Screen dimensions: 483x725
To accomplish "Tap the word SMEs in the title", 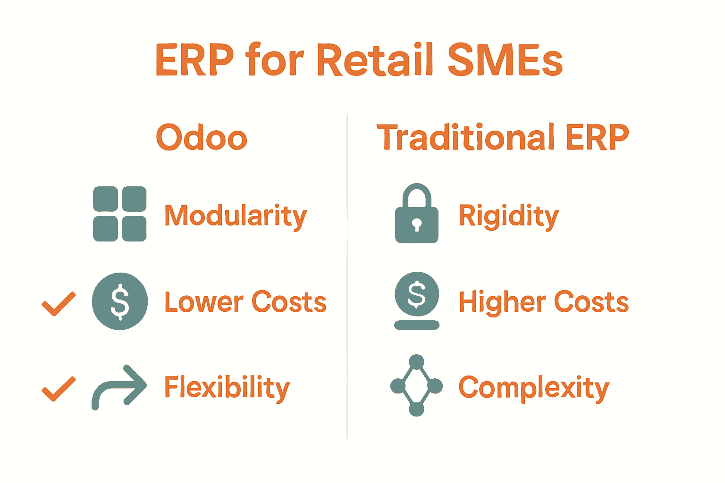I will click(x=505, y=60).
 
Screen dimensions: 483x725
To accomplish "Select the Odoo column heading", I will click(x=202, y=138).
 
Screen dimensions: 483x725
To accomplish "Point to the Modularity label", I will click(x=236, y=216).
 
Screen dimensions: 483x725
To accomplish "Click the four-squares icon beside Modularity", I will click(x=120, y=214).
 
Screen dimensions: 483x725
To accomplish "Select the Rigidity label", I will click(x=509, y=216).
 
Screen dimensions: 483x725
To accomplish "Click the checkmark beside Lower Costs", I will click(x=59, y=303).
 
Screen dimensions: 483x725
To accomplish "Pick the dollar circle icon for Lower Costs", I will click(x=120, y=301).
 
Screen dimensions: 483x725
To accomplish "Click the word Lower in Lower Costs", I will click(x=203, y=302).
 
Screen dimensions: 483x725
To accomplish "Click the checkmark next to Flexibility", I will click(x=59, y=389).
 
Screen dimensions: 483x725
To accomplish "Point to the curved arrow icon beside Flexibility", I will click(x=119, y=387).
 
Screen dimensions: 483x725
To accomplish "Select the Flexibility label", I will click(x=227, y=388).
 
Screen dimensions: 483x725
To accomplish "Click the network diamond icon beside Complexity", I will click(x=416, y=386).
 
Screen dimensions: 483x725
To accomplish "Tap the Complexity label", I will click(x=534, y=388).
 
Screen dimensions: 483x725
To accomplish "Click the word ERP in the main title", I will click(x=194, y=60).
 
